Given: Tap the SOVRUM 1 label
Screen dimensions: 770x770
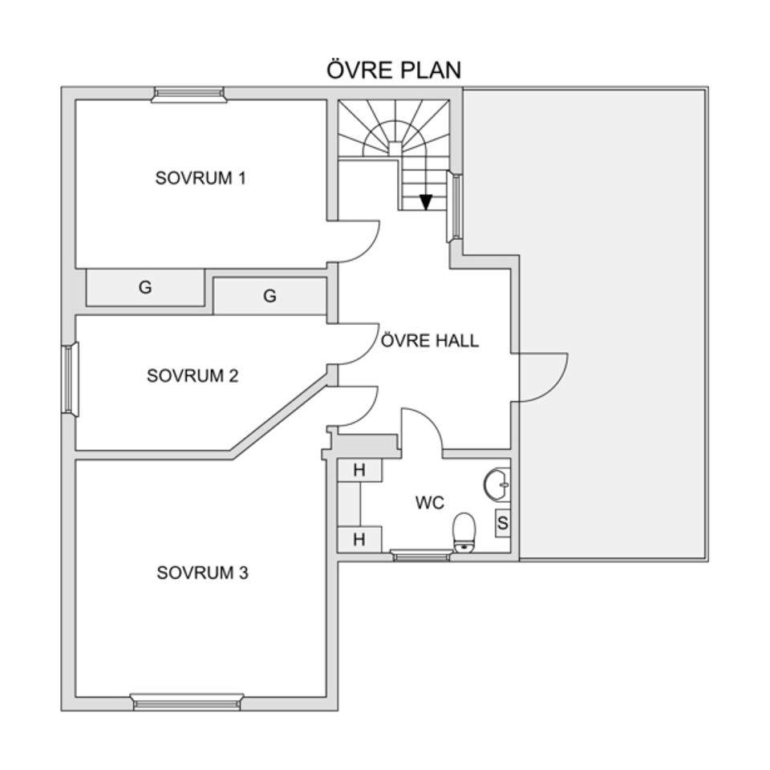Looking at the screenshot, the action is point(201,178).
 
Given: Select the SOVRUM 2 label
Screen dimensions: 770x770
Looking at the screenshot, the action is point(192,375).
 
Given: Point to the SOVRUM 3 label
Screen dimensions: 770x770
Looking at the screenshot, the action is point(202,573).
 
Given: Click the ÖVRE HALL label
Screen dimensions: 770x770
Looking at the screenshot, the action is point(430,340).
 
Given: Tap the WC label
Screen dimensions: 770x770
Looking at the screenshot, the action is point(430,502).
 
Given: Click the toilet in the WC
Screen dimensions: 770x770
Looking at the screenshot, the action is point(464,533).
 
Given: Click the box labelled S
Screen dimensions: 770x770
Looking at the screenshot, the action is point(502,523).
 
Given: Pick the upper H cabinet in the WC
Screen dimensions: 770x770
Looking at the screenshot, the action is point(359,470).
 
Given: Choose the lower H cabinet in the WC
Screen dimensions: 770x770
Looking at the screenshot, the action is point(359,539).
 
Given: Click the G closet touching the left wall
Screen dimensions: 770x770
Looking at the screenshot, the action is point(145,287).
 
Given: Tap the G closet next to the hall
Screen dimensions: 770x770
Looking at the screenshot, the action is point(269,296).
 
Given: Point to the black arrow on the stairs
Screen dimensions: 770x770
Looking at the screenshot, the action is point(426,202).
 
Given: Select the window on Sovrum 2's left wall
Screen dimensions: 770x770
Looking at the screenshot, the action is point(71,379).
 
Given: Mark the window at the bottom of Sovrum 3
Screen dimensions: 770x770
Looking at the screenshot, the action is point(187,703).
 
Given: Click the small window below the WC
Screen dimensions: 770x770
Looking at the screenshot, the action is point(419,556).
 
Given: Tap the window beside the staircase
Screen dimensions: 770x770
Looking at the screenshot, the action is point(455,206).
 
